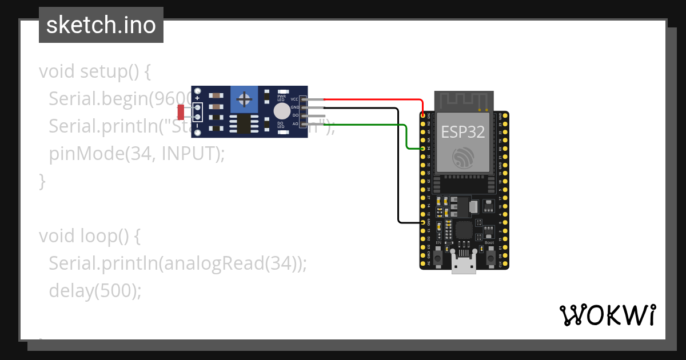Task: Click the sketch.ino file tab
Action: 101,25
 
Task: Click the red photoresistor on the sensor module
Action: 181,111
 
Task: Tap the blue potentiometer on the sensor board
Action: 245,100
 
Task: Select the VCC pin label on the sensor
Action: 294,99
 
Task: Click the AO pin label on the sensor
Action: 295,123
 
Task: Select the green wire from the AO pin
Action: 366,124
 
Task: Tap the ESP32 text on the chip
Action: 463,132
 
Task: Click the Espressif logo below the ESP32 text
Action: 462,158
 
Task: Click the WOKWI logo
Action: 607,315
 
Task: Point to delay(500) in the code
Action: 94,290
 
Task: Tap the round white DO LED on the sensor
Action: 282,111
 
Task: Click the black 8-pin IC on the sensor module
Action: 245,123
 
